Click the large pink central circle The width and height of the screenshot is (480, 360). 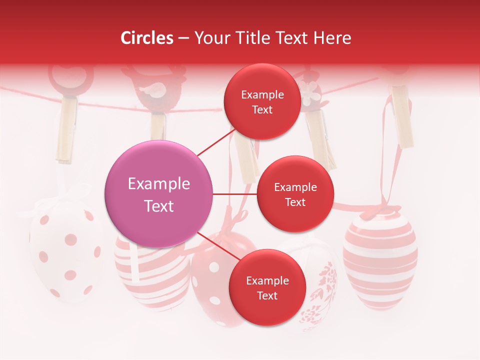click(159, 194)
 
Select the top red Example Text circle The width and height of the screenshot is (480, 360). click(262, 101)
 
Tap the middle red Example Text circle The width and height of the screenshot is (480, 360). click(295, 194)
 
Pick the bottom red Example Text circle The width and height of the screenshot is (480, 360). click(267, 287)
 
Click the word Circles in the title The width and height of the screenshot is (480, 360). click(147, 38)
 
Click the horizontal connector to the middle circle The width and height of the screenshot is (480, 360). click(235, 194)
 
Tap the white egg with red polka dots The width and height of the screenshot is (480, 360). click(65, 250)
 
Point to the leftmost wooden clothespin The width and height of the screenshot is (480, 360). click(66, 130)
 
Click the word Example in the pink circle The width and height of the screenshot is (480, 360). click(159, 184)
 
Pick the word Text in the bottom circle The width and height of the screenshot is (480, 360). click(267, 295)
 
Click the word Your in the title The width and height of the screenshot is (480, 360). click(211, 38)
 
